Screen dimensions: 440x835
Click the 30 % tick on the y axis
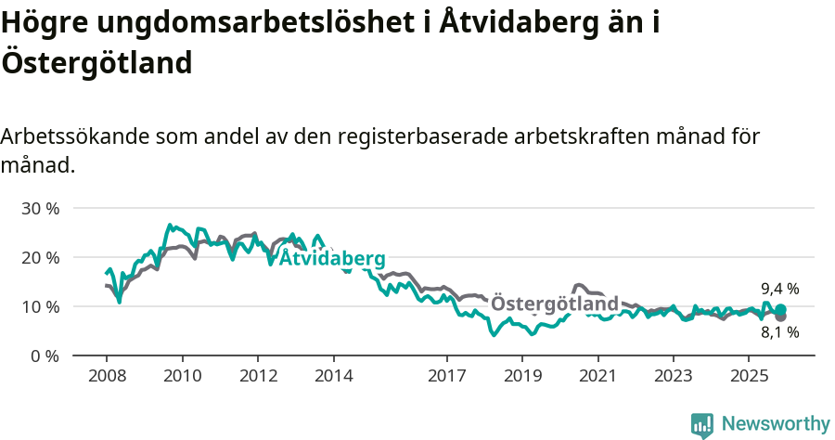[40, 208]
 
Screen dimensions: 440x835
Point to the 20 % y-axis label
[40, 257]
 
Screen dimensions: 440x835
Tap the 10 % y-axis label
[40, 306]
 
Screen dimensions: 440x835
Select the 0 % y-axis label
[44, 356]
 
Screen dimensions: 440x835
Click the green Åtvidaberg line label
[332, 258]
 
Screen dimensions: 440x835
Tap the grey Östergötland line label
[554, 304]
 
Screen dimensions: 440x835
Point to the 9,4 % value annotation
[779, 289]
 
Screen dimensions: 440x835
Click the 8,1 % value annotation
[779, 332]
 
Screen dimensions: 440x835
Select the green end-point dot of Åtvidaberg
[780, 309]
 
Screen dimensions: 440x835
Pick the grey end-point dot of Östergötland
[780, 317]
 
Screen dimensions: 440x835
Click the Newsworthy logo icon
[701, 424]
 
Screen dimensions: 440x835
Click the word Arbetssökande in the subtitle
[74, 136]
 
